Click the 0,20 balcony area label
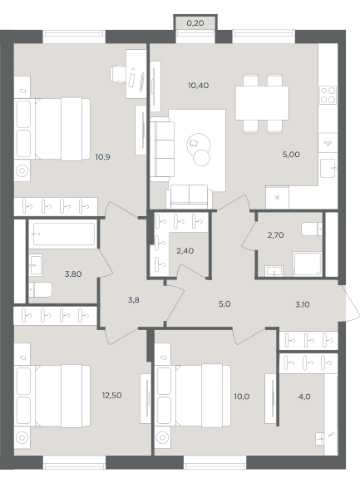tap(195, 23)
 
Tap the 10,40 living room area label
tap(198, 86)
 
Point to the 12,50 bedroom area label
tap(112, 396)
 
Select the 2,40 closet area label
tap(185, 251)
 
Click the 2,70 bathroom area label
tap(275, 235)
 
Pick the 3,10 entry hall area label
tap(303, 304)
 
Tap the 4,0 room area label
tap(304, 397)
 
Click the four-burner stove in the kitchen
tap(328, 96)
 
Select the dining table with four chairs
tap(262, 103)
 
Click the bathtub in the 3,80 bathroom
tap(64, 234)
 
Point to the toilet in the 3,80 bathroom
tap(41, 289)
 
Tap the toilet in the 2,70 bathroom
tap(312, 229)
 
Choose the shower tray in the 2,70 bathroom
tap(308, 264)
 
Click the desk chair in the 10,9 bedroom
tap(118, 74)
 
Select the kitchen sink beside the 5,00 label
tap(328, 168)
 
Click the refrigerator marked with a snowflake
tap(277, 198)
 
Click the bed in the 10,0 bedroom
tap(193, 396)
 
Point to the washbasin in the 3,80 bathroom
tap(36, 264)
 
